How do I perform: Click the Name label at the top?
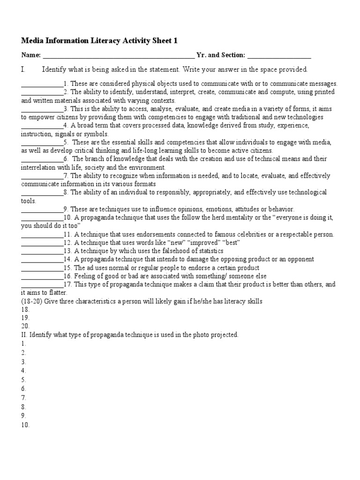(x=31, y=55)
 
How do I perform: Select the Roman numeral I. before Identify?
(x=23, y=69)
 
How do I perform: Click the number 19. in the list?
(x=25, y=318)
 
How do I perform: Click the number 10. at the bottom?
(x=25, y=425)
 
